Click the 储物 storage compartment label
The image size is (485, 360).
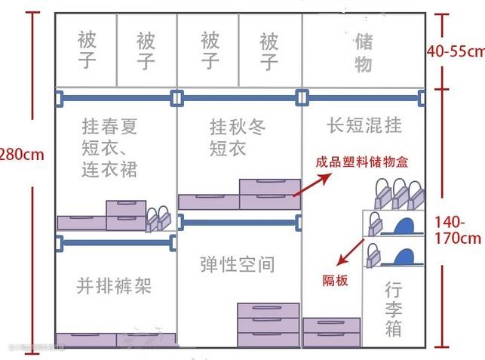click(x=364, y=51)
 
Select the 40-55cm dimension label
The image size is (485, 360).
click(x=455, y=51)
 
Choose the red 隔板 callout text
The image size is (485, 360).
click(x=336, y=280)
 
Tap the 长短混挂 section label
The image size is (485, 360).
click(x=364, y=124)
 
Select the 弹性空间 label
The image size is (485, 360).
click(x=238, y=264)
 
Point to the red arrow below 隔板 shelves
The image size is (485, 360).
click(x=348, y=254)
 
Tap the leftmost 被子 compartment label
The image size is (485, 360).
click(x=87, y=50)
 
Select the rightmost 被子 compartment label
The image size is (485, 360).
click(x=269, y=50)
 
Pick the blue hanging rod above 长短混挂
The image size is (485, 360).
click(x=361, y=97)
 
